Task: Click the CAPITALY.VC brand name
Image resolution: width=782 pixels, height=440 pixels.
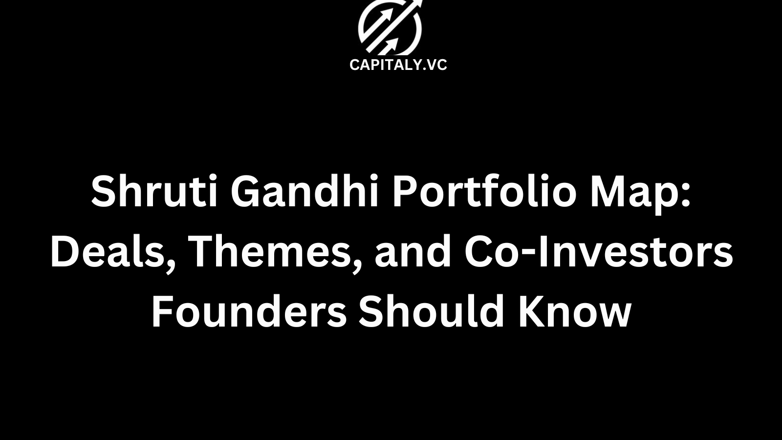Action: [x=398, y=65]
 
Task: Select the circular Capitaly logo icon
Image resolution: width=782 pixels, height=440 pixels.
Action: [x=390, y=28]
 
